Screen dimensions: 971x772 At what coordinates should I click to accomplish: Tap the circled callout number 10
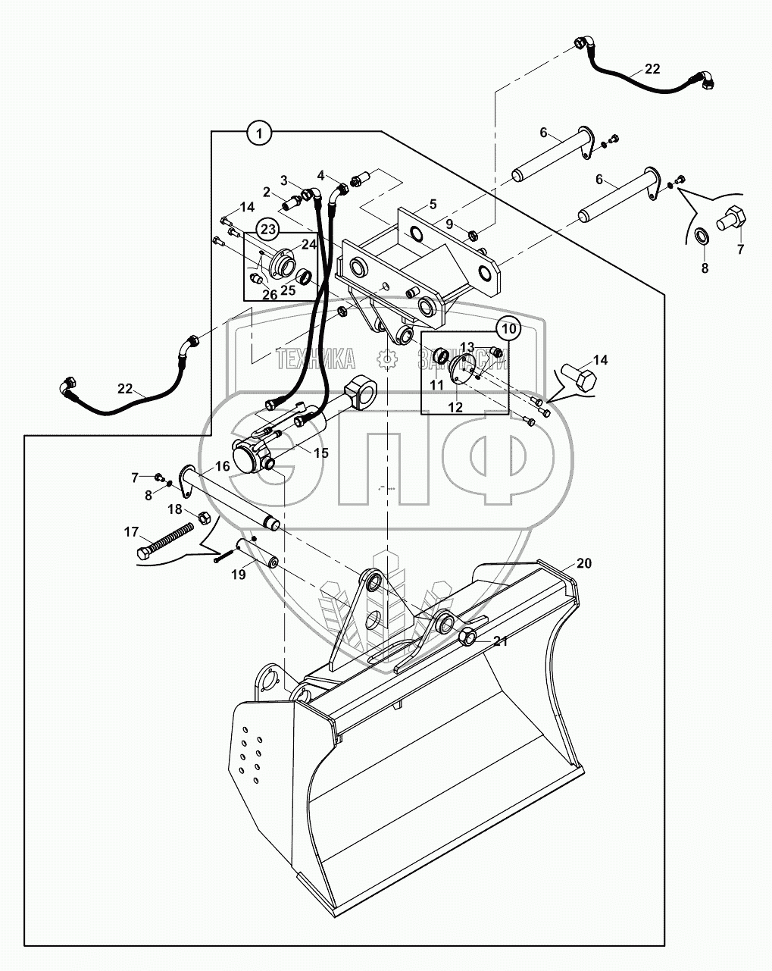(x=508, y=329)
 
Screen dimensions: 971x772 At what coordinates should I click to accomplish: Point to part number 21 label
(x=501, y=641)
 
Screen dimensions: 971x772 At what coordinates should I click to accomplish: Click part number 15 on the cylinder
(x=320, y=453)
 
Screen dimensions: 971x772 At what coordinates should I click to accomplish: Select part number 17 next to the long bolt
(x=131, y=533)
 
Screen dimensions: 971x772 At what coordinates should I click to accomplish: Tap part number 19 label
(x=238, y=575)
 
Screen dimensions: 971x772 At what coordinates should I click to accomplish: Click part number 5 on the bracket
(x=433, y=204)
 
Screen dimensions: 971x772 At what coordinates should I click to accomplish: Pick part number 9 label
(x=449, y=224)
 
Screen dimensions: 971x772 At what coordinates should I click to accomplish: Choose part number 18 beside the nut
(x=175, y=509)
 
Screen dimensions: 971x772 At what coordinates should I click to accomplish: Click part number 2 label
(x=267, y=193)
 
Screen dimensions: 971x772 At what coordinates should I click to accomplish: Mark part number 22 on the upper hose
(x=652, y=69)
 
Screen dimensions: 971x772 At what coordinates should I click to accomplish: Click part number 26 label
(x=270, y=295)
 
